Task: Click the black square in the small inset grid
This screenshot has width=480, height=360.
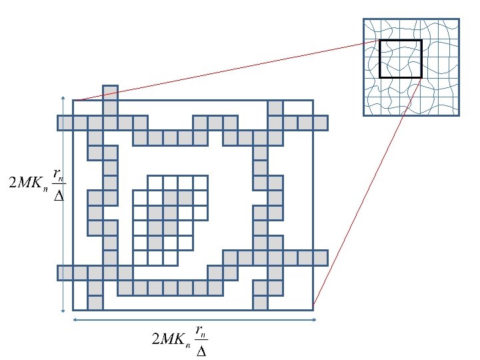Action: click(x=400, y=58)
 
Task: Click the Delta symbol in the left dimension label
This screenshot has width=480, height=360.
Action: click(x=59, y=197)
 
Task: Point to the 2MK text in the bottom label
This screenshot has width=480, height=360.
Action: click(x=171, y=340)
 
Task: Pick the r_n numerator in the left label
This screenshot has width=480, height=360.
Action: click(x=59, y=175)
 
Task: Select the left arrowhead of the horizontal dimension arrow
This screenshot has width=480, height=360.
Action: click(x=75, y=320)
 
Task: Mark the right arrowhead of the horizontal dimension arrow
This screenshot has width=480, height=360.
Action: click(x=313, y=320)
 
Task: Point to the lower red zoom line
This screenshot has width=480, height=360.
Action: click(x=367, y=193)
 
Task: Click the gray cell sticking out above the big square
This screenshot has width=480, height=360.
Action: click(x=110, y=92)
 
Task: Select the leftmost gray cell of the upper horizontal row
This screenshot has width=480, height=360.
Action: click(x=65, y=123)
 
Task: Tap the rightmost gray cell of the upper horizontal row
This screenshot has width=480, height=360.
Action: click(x=320, y=123)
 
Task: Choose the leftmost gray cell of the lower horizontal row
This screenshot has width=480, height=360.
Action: click(x=65, y=273)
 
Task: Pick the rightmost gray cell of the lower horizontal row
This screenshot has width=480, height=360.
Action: click(x=320, y=257)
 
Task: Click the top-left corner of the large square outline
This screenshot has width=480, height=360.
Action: click(x=73, y=100)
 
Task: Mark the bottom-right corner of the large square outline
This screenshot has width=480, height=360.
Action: click(x=313, y=310)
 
